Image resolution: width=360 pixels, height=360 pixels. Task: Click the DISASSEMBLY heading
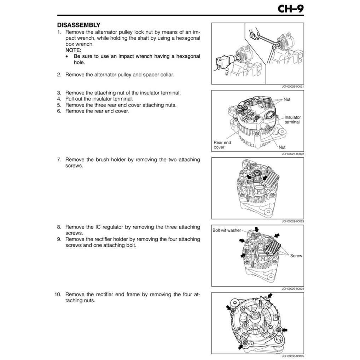click(x=79, y=25)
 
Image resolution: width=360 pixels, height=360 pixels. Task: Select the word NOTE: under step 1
click(x=73, y=50)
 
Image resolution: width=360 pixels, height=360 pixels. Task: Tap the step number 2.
click(x=59, y=75)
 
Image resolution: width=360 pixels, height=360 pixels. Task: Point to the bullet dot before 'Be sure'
click(x=67, y=57)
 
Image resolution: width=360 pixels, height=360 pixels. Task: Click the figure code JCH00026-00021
click(x=293, y=87)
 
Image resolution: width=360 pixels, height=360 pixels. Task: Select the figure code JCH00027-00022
click(x=293, y=154)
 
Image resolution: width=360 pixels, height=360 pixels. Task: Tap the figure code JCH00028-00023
click(x=293, y=221)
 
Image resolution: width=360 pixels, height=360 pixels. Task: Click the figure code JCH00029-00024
click(x=293, y=289)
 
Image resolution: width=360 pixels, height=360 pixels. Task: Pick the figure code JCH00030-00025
click(x=293, y=356)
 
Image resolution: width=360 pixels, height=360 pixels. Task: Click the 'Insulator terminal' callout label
click(x=292, y=120)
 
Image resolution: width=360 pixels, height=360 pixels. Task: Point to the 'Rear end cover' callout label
click(x=222, y=145)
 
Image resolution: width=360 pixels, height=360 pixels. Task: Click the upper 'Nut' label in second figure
click(x=287, y=99)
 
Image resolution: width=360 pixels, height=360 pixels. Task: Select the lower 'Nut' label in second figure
click(x=282, y=147)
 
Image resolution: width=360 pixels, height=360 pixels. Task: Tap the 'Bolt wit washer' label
click(x=226, y=230)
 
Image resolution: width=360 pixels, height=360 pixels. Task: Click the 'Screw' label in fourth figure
click(x=296, y=256)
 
